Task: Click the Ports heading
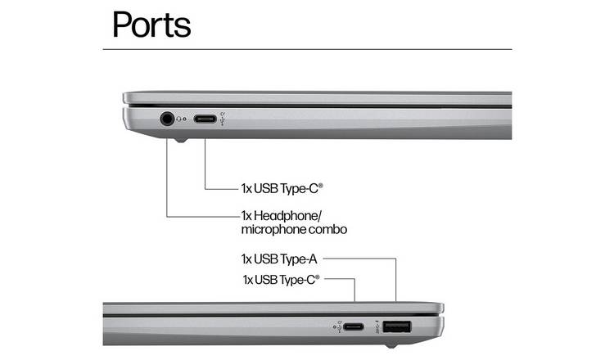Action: [151, 25]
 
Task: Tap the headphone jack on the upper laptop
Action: [167, 118]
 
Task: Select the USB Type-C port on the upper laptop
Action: [205, 119]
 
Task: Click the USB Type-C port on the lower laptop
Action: [354, 326]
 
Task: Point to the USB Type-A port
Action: [397, 326]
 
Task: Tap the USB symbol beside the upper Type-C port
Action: [223, 119]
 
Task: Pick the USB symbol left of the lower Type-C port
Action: [337, 326]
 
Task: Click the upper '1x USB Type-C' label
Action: [282, 189]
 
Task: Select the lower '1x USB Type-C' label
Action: [281, 280]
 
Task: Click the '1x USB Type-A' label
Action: [279, 259]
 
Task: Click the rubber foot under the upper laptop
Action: [180, 140]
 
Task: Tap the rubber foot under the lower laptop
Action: [390, 345]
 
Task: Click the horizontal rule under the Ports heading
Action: [307, 49]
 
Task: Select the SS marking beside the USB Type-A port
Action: [377, 326]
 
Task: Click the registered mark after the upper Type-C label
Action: [321, 185]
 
